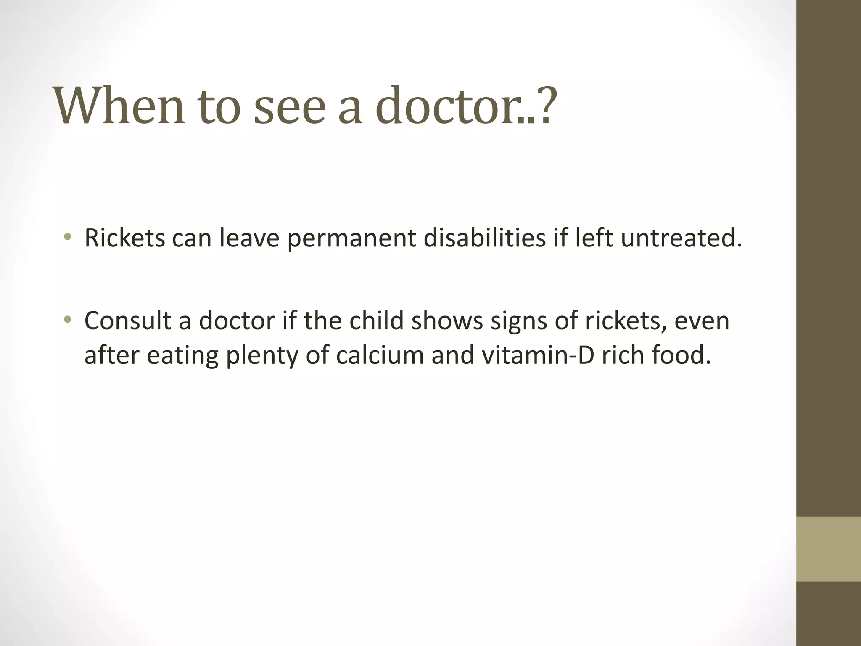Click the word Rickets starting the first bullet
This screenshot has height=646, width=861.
tap(125, 238)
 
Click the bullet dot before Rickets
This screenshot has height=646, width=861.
tap(67, 238)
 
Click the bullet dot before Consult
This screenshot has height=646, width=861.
tap(67, 320)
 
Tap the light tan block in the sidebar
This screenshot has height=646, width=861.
tap(828, 549)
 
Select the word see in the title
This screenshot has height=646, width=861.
tap(290, 106)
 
